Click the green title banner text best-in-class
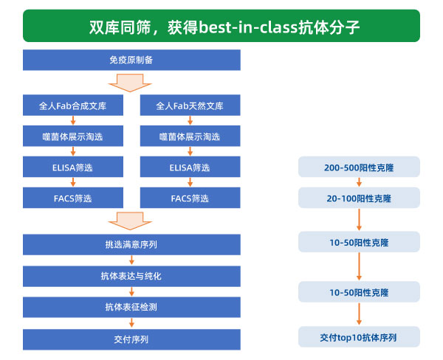(249, 27)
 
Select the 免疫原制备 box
(131, 60)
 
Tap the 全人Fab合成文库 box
(73, 105)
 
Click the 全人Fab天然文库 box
(190, 105)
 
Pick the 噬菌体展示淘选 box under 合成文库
(73, 136)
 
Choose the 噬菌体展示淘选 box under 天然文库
(190, 136)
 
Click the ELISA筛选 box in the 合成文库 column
(73, 167)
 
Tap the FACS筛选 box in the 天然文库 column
(190, 198)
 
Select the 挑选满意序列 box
(131, 244)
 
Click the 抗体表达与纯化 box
(131, 276)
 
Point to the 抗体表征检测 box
(131, 307)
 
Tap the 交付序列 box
(131, 339)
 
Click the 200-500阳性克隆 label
(359, 167)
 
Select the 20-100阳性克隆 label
(359, 198)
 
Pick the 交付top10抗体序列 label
(359, 337)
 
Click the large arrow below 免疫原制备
(130, 83)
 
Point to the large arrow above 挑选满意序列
(130, 221)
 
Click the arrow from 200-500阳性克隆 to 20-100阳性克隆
(359, 182)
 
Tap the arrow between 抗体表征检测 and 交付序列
(131, 322)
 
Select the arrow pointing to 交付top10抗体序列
(359, 314)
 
